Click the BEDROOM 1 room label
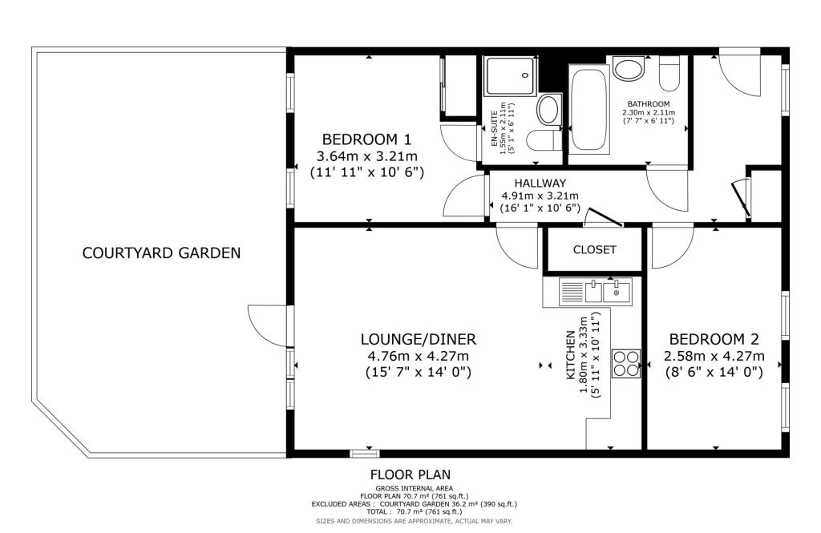pyautogui.click(x=366, y=139)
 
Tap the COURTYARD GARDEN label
pyautogui.click(x=161, y=253)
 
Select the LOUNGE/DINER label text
pyautogui.click(x=419, y=339)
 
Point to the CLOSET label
pyautogui.click(x=594, y=250)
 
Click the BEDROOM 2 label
pyautogui.click(x=714, y=339)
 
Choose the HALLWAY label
pyautogui.click(x=540, y=184)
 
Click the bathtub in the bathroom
pyautogui.click(x=589, y=109)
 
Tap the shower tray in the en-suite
pyautogui.click(x=511, y=76)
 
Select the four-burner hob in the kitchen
pyautogui.click(x=626, y=363)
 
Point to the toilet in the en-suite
pyautogui.click(x=543, y=140)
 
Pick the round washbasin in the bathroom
pyautogui.click(x=629, y=69)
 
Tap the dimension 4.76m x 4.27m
pyautogui.click(x=419, y=357)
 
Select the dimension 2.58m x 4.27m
pyautogui.click(x=714, y=357)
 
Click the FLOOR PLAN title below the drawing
pyautogui.click(x=410, y=474)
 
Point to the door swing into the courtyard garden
pyautogui.click(x=267, y=325)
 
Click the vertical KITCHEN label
pyautogui.click(x=570, y=355)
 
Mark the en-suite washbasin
pyautogui.click(x=548, y=110)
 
